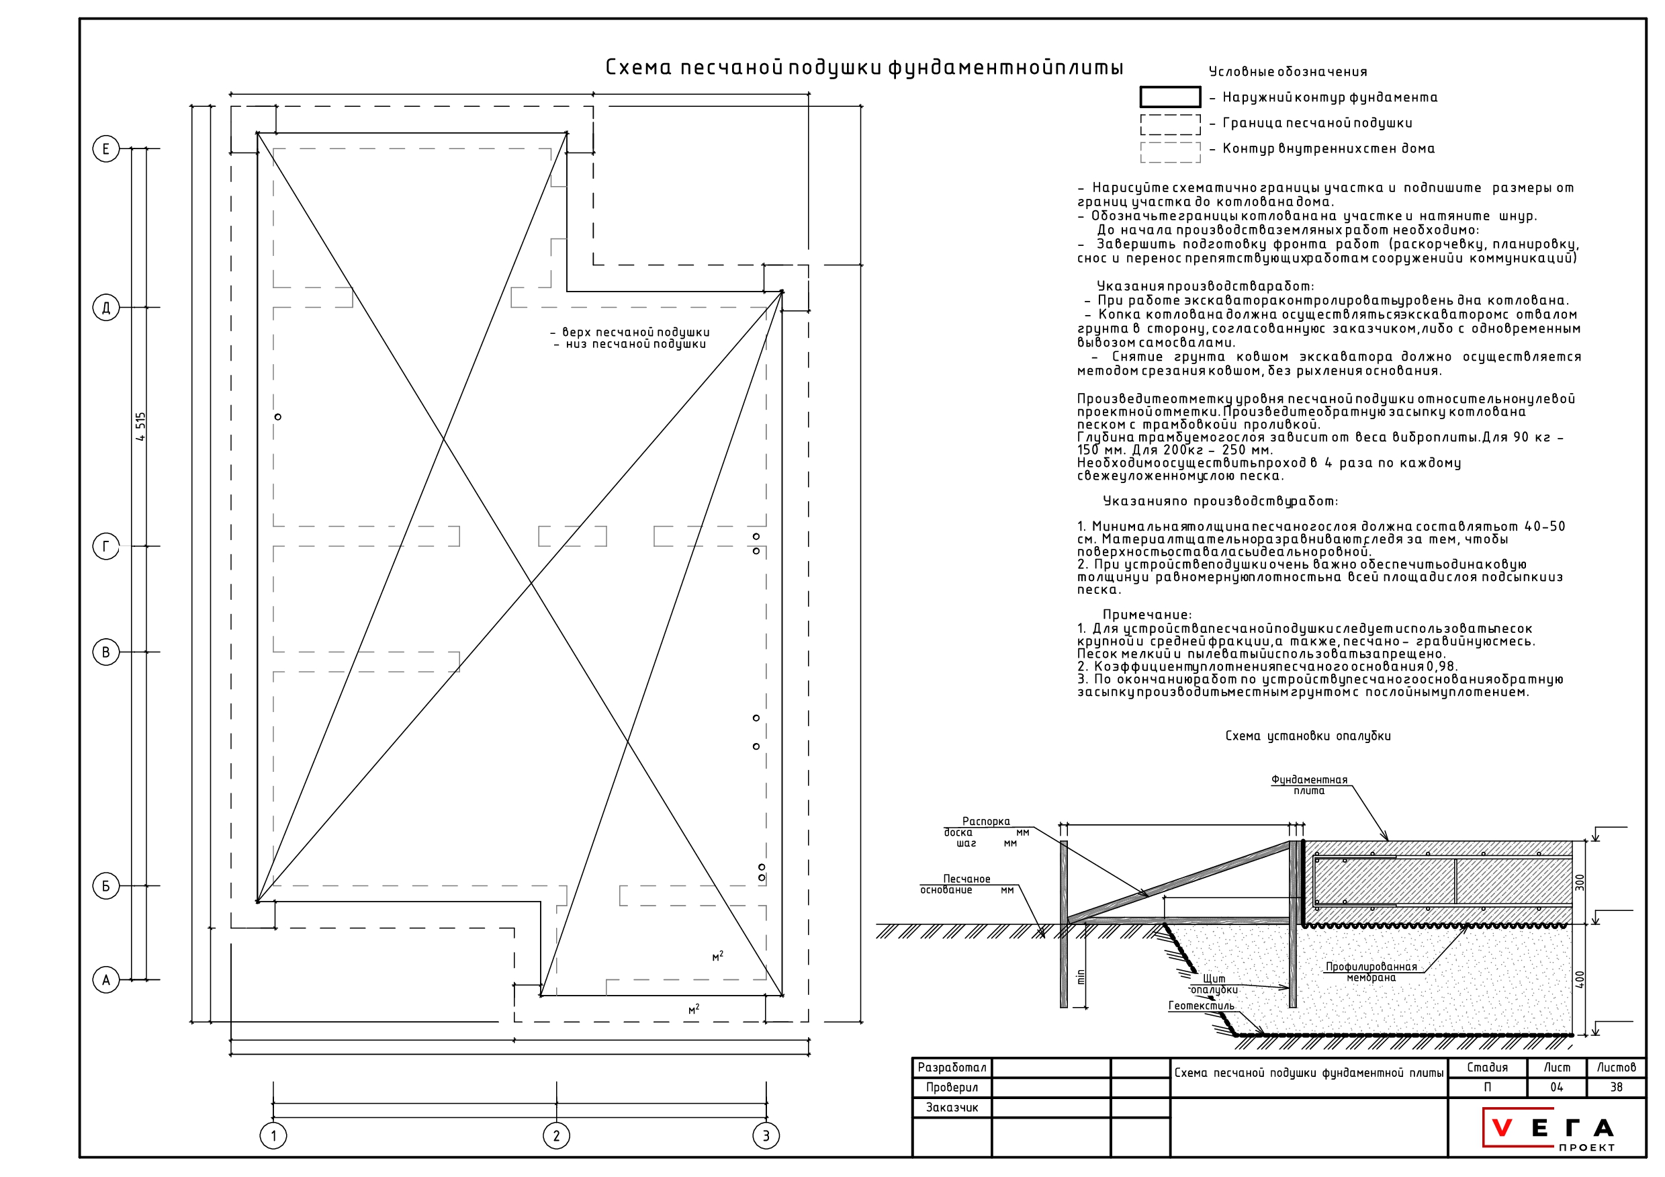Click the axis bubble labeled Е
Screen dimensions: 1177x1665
(x=106, y=148)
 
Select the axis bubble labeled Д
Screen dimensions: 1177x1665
(x=106, y=308)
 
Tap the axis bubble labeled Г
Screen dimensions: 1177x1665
(x=106, y=546)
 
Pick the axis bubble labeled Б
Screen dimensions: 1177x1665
(x=106, y=886)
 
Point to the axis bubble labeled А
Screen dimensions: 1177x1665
(x=106, y=980)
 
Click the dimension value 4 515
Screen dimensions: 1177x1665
(x=140, y=427)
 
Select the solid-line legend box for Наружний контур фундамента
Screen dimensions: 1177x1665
(x=1170, y=97)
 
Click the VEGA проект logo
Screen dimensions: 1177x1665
(x=1547, y=1130)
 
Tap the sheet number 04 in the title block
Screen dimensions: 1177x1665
(x=1556, y=1087)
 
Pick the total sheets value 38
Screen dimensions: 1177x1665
(x=1617, y=1087)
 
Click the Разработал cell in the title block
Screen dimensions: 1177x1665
(x=952, y=1067)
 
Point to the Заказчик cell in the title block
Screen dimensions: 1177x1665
(x=952, y=1107)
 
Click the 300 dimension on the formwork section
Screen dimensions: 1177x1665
(x=1580, y=883)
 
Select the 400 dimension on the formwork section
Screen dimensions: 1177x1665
(x=1580, y=979)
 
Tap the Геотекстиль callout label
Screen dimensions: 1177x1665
(x=1201, y=1006)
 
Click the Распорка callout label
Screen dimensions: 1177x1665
(x=985, y=822)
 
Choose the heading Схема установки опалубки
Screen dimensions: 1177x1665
(x=1308, y=736)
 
